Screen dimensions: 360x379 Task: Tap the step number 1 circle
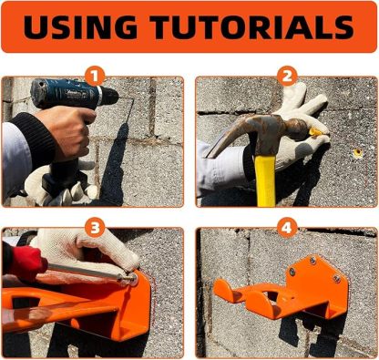click(x=94, y=76)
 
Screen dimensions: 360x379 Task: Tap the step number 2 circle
click(x=286, y=76)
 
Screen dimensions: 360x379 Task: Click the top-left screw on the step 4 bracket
click(x=292, y=271)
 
